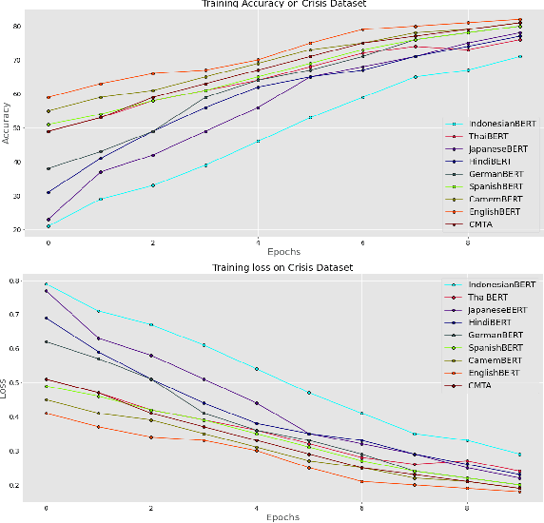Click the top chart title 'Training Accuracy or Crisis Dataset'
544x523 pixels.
click(283, 5)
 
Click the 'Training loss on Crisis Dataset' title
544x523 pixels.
click(283, 268)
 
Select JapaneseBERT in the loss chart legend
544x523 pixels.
click(495, 309)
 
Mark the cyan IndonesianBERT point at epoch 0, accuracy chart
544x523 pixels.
click(49, 225)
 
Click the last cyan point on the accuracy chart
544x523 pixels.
click(519, 56)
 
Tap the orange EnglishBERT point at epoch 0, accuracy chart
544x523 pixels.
click(49, 97)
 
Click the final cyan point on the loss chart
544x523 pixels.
click(519, 455)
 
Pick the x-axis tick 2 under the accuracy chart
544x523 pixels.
click(153, 242)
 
